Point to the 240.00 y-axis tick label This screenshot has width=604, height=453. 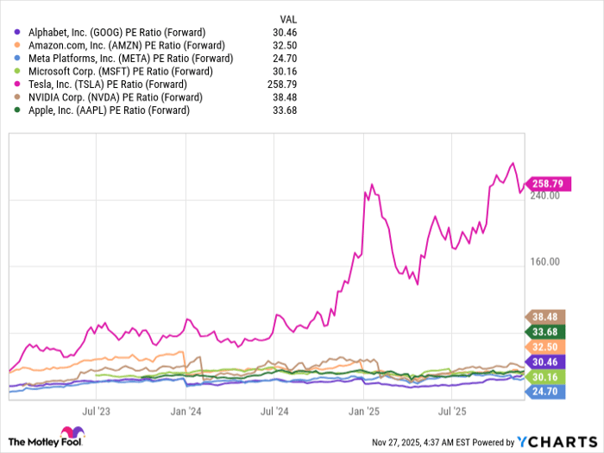[x=544, y=196]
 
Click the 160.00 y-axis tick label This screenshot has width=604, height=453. [x=544, y=262]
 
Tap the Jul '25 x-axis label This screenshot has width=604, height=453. [x=453, y=413]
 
